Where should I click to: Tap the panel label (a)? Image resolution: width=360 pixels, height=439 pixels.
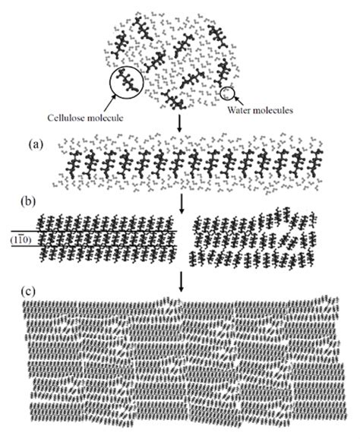[36, 145]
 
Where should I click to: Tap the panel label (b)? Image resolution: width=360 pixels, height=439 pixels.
[28, 202]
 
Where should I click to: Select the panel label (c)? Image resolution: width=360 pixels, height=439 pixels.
[28, 292]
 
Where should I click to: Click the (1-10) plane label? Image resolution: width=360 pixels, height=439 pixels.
[21, 239]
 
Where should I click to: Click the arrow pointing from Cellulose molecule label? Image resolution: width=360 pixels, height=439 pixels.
[109, 103]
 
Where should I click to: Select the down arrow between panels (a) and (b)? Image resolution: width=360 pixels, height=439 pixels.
[182, 204]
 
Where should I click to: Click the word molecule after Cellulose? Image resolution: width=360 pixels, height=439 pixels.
[106, 118]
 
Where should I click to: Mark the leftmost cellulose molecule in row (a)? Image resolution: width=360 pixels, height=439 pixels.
[74, 165]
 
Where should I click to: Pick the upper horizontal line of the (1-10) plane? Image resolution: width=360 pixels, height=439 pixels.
[93, 232]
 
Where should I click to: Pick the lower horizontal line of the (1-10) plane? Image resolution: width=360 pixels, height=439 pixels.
[93, 246]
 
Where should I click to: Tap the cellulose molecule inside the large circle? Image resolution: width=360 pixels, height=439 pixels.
[127, 81]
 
